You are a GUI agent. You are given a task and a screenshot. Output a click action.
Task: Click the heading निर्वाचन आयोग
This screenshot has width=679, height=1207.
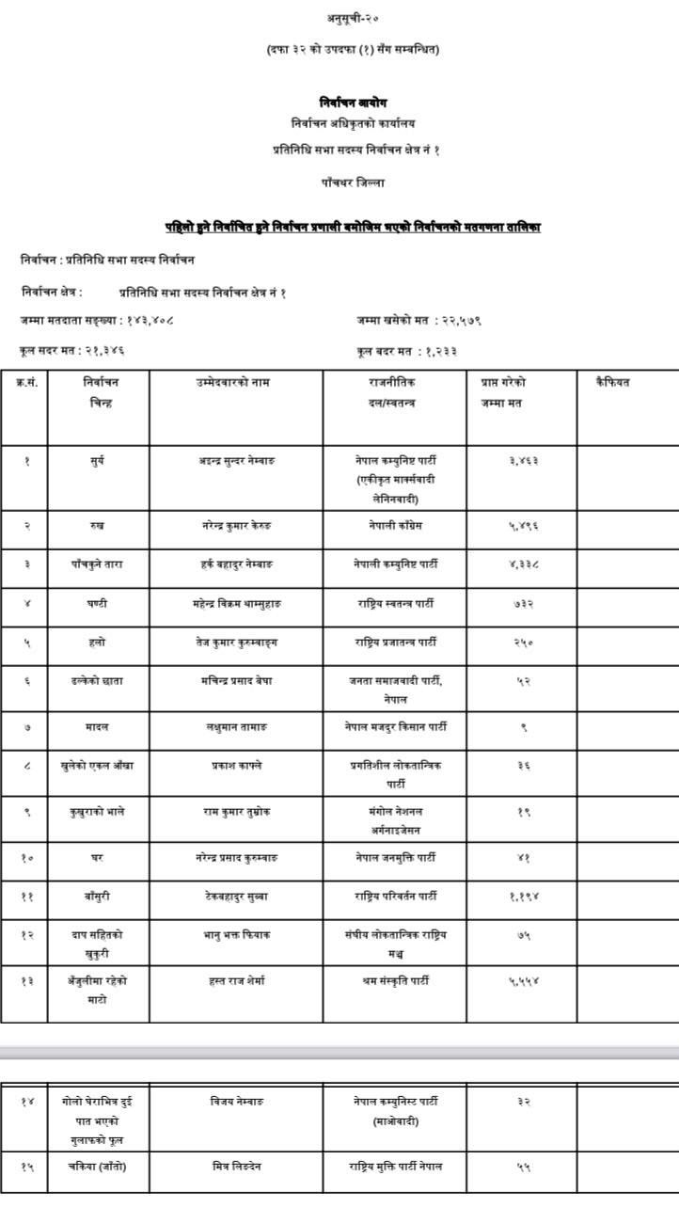352,103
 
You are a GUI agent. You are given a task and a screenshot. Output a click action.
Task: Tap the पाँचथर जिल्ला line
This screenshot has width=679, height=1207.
352,183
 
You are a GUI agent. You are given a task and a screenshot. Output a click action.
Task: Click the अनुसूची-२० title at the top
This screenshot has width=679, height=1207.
352,19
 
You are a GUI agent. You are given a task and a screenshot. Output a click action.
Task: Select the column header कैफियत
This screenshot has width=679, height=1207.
612,382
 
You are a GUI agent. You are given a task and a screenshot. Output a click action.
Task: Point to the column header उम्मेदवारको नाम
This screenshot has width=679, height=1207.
235,382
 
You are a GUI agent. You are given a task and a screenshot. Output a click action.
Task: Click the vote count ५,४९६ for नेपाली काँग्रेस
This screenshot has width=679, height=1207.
523,525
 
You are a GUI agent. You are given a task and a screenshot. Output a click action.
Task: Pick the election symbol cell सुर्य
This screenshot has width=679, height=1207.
98,461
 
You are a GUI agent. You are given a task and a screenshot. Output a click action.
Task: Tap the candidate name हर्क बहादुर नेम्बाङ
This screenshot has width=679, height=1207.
235,564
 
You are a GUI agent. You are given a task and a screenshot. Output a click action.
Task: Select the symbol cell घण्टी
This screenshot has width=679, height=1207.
98,603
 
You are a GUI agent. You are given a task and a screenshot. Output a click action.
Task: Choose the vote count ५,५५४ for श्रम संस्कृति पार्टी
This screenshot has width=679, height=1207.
523,980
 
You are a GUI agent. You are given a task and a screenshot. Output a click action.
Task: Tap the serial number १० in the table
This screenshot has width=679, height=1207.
25,858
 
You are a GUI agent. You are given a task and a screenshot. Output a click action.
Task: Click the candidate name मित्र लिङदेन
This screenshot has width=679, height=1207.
235,1167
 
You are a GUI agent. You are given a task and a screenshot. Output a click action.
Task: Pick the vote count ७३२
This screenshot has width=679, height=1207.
523,603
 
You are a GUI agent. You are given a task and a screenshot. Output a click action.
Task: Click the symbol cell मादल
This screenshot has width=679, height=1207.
98,726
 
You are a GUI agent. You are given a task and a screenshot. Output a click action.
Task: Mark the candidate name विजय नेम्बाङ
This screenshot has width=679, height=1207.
235,1101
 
